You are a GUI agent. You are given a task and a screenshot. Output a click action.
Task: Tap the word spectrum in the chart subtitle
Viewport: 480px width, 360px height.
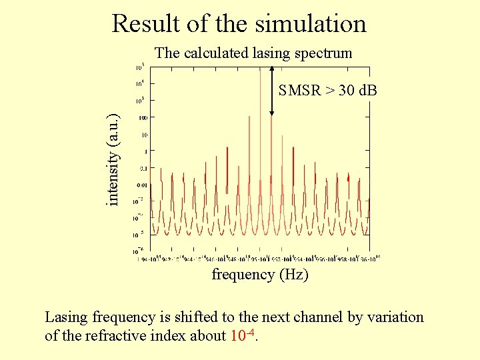point(323,53)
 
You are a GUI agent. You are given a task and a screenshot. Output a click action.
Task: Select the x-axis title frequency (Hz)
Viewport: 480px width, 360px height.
point(259,274)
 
